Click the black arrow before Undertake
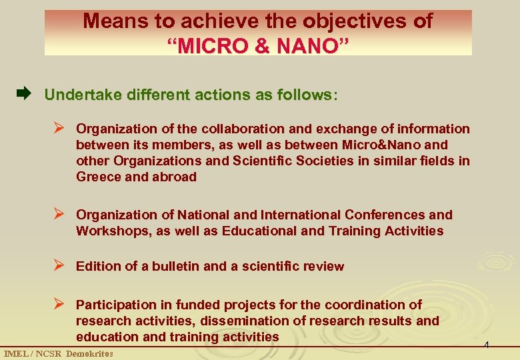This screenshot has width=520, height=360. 24,95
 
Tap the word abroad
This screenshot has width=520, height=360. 174,177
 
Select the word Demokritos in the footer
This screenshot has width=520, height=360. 89,353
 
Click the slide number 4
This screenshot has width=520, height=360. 487,345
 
